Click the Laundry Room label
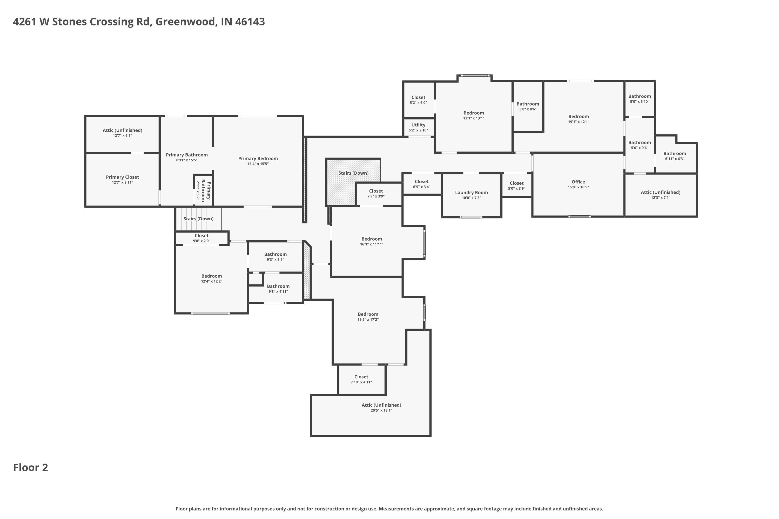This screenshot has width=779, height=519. [x=471, y=192]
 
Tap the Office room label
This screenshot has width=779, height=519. [x=578, y=182]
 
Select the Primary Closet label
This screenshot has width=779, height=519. [x=123, y=177]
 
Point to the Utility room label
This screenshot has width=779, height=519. [x=418, y=125]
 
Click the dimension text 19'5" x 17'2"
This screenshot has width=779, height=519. [x=368, y=319]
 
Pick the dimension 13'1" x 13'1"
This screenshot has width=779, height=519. [x=474, y=118]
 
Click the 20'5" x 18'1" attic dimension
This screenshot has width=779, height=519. [x=381, y=411]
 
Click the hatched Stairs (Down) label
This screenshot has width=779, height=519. [x=353, y=173]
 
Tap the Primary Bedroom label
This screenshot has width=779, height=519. [x=258, y=159]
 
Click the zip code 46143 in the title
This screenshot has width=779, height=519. [x=250, y=22]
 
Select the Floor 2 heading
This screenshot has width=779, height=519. [x=30, y=467]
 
